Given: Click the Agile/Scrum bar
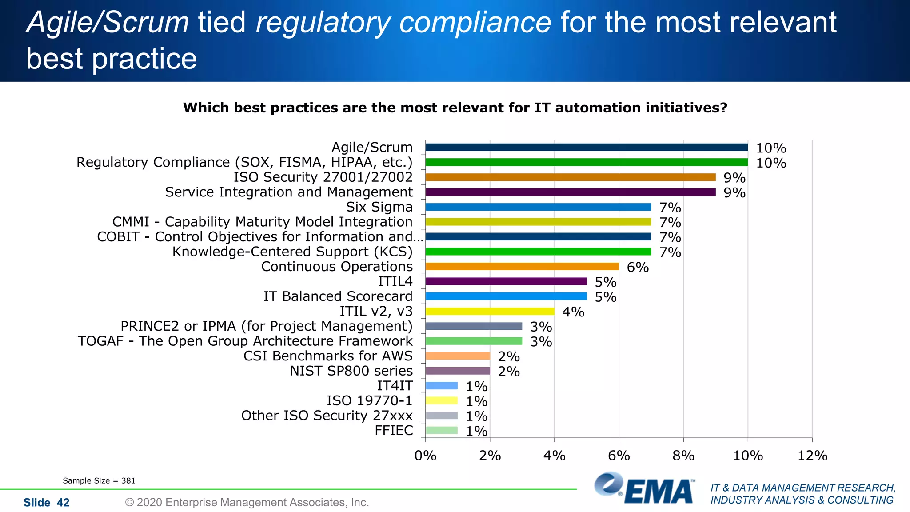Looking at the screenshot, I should point(587,148).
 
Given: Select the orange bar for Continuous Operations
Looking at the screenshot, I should point(522,267).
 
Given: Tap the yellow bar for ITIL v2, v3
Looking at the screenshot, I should point(490,312).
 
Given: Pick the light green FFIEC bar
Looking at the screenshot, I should point(441,430).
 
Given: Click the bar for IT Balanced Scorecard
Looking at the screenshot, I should point(506,296).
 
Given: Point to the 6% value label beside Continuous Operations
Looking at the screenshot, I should point(638,268).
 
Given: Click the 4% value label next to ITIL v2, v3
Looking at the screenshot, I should point(573,312).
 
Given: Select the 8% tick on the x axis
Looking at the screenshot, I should point(683,456).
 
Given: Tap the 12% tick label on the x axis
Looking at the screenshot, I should point(812,456).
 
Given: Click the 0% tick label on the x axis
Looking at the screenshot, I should point(425,456).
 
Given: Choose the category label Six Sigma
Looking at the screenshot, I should point(379,207).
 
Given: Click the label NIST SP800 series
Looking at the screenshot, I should point(351,371).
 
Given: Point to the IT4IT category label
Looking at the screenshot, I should point(395,386).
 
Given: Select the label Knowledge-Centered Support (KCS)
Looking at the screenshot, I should point(292,252).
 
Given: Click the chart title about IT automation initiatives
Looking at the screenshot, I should point(455,108).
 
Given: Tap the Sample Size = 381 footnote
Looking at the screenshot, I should point(99,481).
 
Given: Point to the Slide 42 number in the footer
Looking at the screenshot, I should point(47,503).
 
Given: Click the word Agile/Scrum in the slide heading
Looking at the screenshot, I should point(108,22).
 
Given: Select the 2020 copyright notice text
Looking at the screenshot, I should point(247,503).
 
